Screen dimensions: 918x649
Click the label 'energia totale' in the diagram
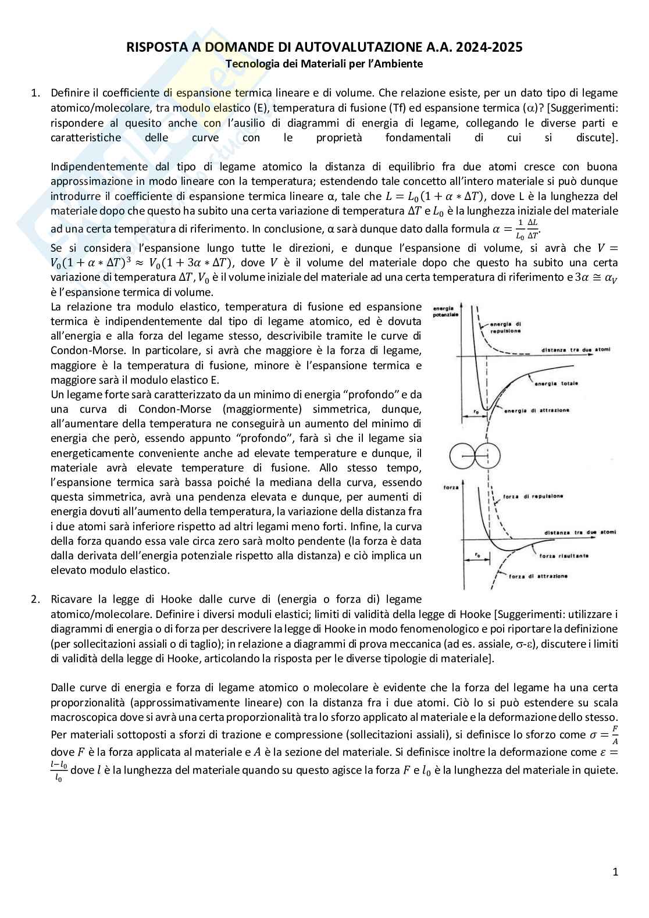(x=552, y=384)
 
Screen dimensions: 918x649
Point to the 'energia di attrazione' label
(x=536, y=410)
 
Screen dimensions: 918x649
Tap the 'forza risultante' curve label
(x=563, y=556)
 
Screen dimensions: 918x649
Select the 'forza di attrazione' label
(x=538, y=576)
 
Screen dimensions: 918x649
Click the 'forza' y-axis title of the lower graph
(x=451, y=487)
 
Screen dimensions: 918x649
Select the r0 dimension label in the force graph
(x=476, y=555)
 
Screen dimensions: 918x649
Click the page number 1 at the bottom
(x=615, y=871)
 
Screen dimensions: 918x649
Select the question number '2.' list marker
(x=35, y=599)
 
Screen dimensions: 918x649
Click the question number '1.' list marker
(x=35, y=93)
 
